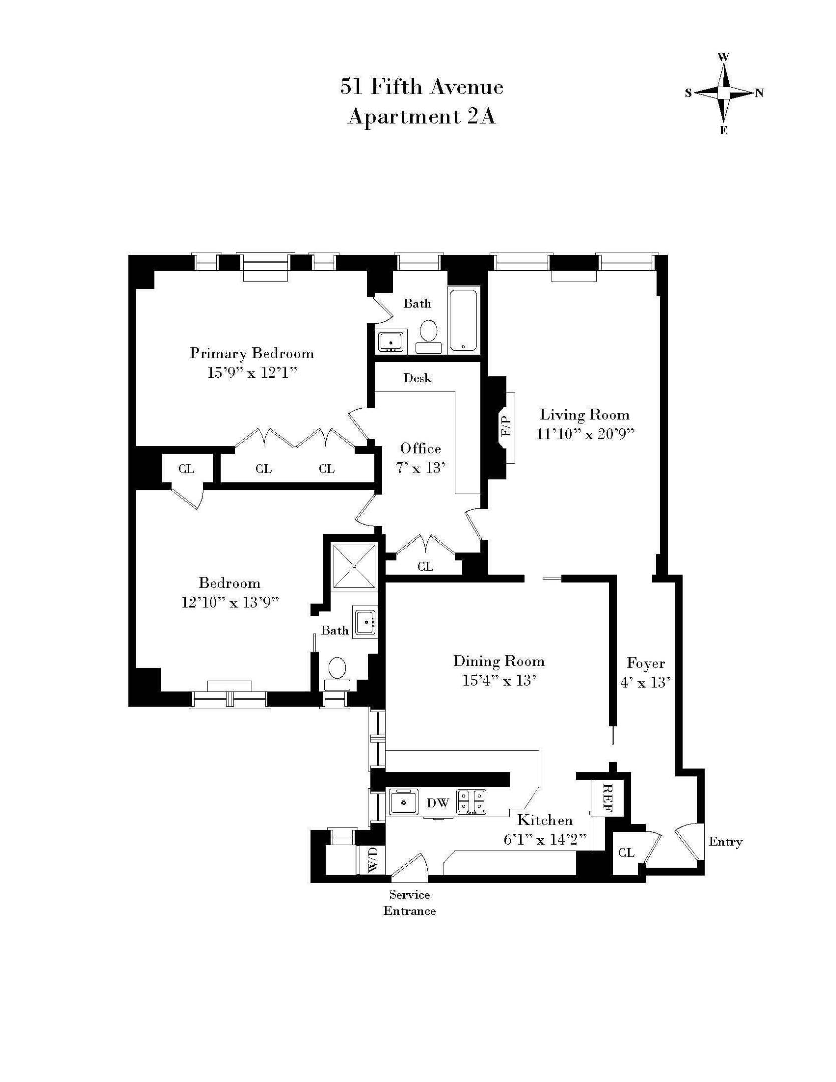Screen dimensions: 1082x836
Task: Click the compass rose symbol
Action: coord(723,93)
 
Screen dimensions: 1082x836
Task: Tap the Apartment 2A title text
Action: coord(421,117)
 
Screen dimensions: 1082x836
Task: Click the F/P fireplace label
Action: coord(507,426)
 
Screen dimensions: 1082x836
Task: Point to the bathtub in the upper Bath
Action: coord(463,320)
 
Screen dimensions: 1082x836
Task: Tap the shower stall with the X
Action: coord(355,566)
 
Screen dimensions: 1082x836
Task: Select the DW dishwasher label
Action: coord(438,803)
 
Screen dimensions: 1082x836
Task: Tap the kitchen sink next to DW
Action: coord(404,802)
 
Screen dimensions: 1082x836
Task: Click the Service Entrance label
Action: coord(409,902)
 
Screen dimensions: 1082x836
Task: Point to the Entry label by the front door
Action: coord(725,842)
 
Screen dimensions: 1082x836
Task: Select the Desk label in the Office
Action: coord(417,378)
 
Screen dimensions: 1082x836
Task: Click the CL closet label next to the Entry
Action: coord(626,852)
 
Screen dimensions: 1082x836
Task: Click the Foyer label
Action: coord(646,663)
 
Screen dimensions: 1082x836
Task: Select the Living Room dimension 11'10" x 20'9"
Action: coord(585,434)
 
